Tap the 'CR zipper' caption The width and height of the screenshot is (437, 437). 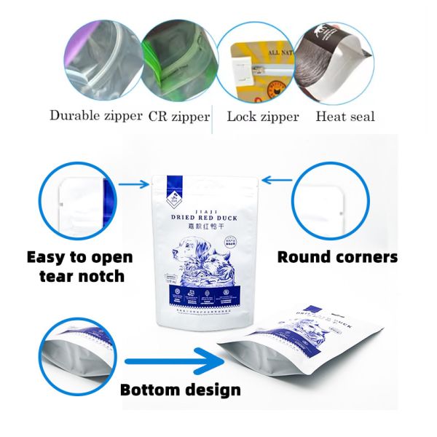pyautogui.click(x=179, y=116)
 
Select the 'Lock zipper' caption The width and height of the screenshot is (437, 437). pyautogui.click(x=262, y=116)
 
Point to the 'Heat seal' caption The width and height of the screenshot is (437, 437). pyautogui.click(x=345, y=116)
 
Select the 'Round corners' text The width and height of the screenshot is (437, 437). pyautogui.click(x=338, y=257)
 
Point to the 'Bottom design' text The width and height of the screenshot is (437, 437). pyautogui.click(x=180, y=390)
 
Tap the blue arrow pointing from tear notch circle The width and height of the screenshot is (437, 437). pyautogui.click(x=135, y=185)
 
